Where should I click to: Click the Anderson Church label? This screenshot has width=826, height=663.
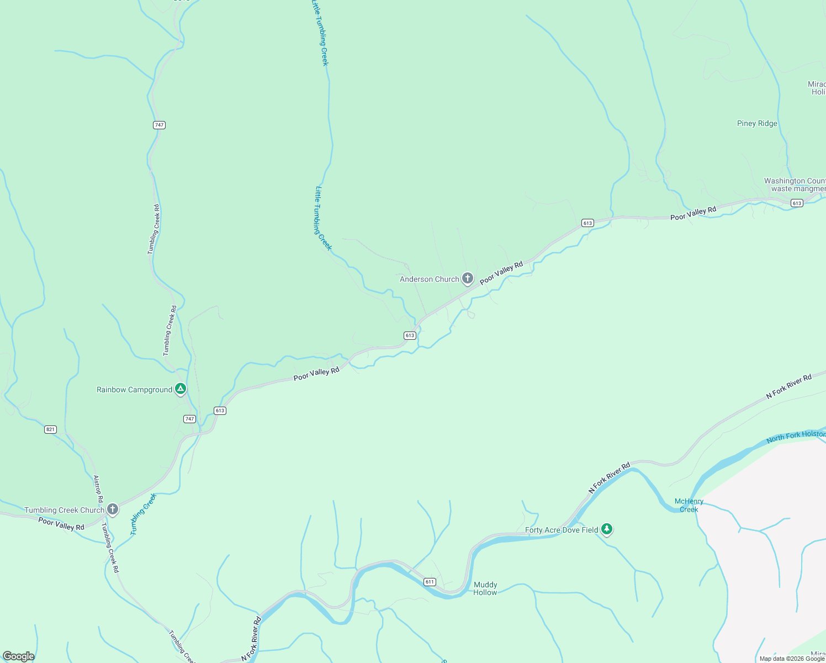coord(429,280)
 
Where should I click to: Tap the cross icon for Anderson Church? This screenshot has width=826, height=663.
coord(468,278)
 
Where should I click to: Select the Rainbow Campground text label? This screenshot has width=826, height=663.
coord(134,390)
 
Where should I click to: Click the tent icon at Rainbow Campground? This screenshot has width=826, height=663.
coord(180,389)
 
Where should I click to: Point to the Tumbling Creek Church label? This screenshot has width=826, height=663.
coord(64,511)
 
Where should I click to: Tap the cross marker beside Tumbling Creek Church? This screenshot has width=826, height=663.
coord(113,509)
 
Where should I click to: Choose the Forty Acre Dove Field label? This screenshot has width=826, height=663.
coord(562,530)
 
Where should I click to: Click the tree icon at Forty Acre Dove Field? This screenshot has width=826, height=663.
coord(607,529)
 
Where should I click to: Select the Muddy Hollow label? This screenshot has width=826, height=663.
coord(485,588)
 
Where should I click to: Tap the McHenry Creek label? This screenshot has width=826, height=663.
coord(689,506)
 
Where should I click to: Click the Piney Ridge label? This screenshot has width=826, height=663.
coord(757,124)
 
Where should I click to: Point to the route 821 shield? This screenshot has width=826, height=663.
coord(50,429)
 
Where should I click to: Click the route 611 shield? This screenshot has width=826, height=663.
coord(430,582)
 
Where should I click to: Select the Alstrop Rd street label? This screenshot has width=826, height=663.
coord(98,489)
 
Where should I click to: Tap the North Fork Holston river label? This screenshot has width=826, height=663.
coord(795,436)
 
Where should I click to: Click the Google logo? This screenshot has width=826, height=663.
coord(19,656)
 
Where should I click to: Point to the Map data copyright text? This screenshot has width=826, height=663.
coord(792,659)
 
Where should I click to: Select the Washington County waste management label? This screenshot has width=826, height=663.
coord(795,185)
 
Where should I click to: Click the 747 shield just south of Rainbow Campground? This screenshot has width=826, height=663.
coord(189,419)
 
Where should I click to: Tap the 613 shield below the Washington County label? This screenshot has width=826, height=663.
coord(797,203)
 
